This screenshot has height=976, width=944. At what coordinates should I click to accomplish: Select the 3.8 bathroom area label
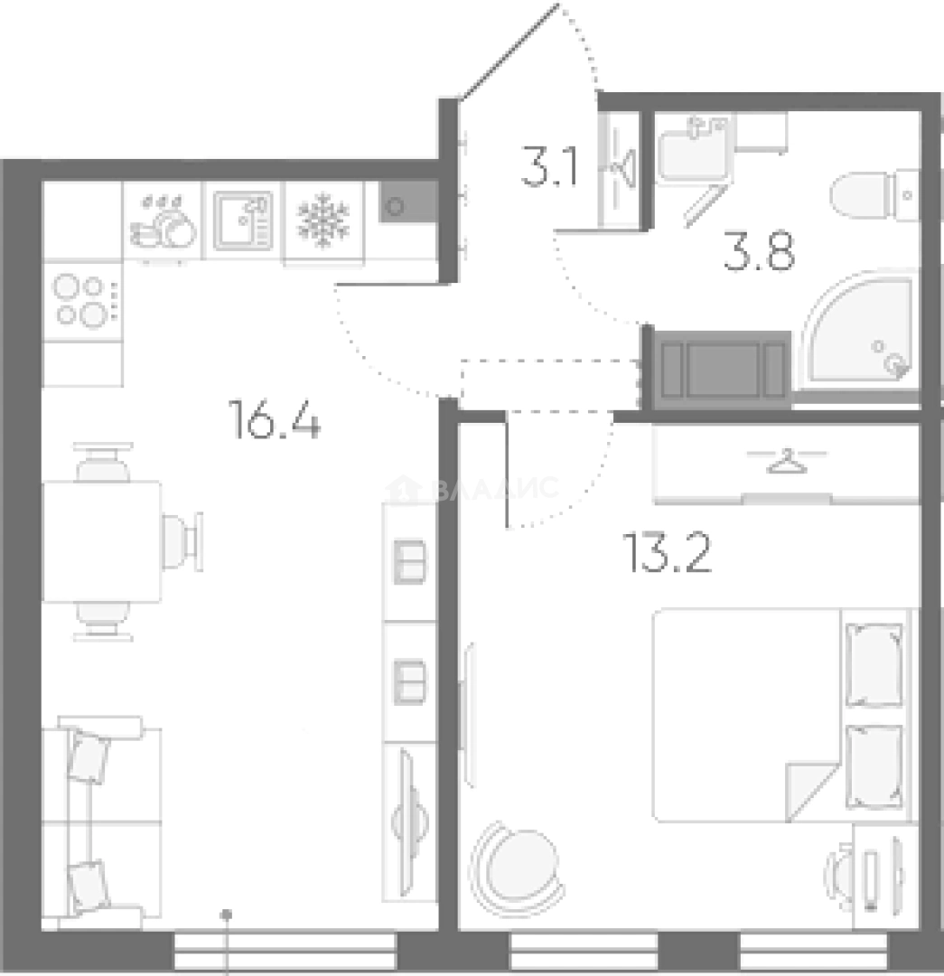tap(759, 253)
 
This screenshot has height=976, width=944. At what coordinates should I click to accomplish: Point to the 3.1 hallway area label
tap(550, 167)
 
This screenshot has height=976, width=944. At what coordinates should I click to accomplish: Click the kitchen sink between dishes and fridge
tap(243, 221)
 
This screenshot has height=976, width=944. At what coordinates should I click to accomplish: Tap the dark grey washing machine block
tap(721, 369)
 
